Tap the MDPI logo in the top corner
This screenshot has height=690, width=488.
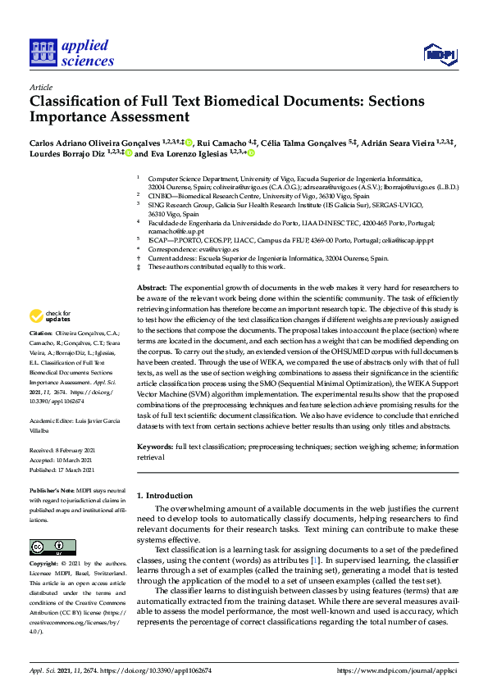tap(440, 54)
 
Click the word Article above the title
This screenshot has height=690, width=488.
tap(41, 88)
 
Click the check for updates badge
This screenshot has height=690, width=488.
tap(50, 316)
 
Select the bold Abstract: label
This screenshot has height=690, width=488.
tap(152, 288)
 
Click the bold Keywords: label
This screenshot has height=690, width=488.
tap(154, 447)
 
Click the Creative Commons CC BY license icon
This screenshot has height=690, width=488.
tap(52, 547)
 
